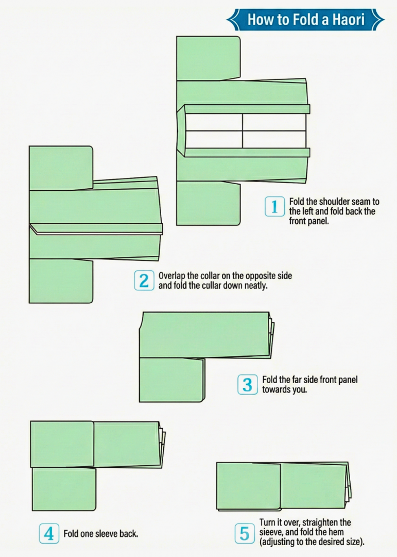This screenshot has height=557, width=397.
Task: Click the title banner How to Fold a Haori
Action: click(305, 20)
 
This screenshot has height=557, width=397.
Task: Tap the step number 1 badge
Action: click(274, 207)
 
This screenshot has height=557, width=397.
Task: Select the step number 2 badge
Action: click(144, 281)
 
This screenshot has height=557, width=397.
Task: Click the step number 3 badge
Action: click(247, 384)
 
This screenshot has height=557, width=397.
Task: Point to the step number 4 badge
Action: click(49, 533)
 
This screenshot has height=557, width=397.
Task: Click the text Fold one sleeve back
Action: click(100, 534)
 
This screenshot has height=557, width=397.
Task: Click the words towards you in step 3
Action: click(284, 389)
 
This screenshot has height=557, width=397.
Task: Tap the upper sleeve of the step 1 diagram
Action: click(208, 58)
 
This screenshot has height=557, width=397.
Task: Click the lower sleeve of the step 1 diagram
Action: click(208, 203)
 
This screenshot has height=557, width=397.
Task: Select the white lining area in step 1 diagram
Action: click(242, 130)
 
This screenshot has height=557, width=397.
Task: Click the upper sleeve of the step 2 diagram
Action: click(61, 168)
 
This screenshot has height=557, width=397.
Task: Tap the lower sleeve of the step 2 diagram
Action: click(61, 281)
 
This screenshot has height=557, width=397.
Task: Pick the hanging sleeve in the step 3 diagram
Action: click(171, 380)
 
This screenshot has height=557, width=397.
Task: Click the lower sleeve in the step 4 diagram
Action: click(64, 489)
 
